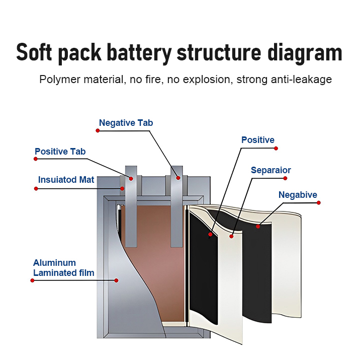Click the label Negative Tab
coord(126,123)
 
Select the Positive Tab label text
coord(60,152)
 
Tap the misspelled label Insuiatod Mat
coord(66,180)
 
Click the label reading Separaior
coord(271,170)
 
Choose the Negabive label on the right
coord(298,195)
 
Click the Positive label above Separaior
coord(257,140)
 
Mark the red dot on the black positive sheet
coord(210,235)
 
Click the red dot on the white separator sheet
coord(231,236)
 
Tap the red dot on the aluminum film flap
coord(116,280)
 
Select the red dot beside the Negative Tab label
coord(98,130)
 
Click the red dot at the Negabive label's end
coord(319,203)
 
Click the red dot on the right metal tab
coord(177,177)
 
